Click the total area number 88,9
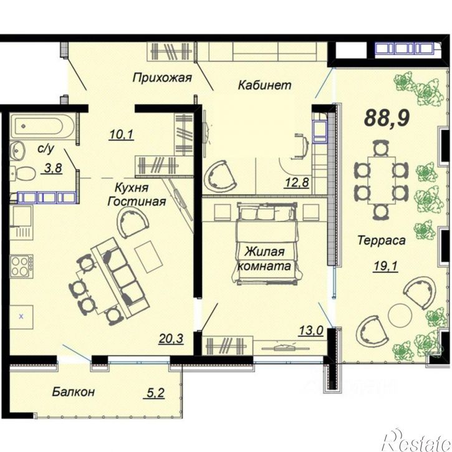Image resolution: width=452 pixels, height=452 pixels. pyautogui.click(x=387, y=118)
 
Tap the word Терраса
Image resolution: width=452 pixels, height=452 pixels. pyautogui.click(x=382, y=240)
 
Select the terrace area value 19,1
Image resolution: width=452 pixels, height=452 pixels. pyautogui.click(x=386, y=266)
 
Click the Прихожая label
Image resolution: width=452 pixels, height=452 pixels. pyautogui.click(x=162, y=78)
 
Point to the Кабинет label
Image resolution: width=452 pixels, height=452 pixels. pyautogui.click(x=264, y=85)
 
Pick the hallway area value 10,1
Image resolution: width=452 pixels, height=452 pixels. pyautogui.click(x=122, y=135)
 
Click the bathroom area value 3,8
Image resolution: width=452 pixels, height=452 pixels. pyautogui.click(x=54, y=168)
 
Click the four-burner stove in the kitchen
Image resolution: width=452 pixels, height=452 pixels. pyautogui.click(x=22, y=266)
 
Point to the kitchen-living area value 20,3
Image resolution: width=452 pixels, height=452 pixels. pyautogui.click(x=171, y=339)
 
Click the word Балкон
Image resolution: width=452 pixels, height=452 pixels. pyautogui.click(x=74, y=392)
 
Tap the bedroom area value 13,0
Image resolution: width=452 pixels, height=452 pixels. pyautogui.click(x=311, y=330)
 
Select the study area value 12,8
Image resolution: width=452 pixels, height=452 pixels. pyautogui.click(x=297, y=182)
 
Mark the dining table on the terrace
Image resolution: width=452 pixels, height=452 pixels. pyautogui.click(x=382, y=180)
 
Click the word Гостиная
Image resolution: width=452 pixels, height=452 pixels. pyautogui.click(x=137, y=201)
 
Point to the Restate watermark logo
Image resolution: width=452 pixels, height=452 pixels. pyautogui.click(x=417, y=441)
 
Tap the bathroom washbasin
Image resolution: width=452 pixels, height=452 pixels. pyautogui.click(x=17, y=151)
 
